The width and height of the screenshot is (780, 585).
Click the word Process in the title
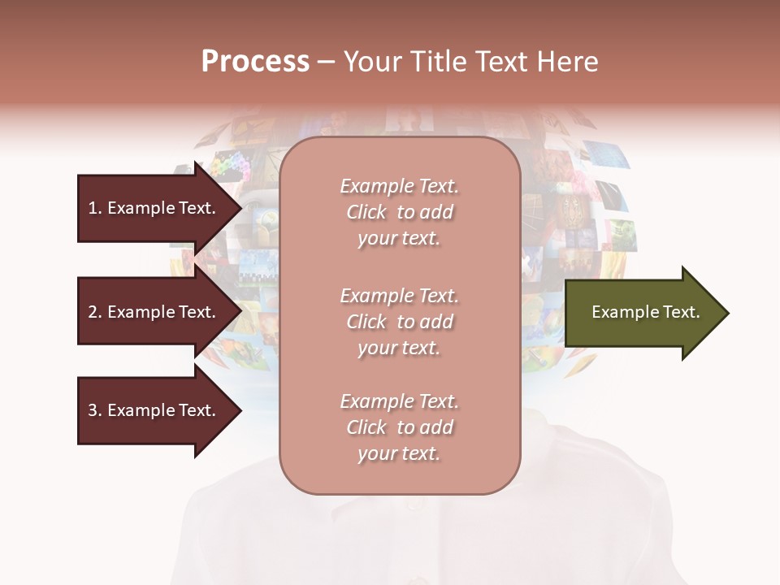pyautogui.click(x=255, y=62)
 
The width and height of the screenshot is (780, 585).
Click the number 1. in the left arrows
pyautogui.click(x=95, y=208)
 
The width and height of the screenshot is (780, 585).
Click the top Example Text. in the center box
pyautogui.click(x=400, y=186)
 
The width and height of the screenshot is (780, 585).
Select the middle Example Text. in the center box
pyautogui.click(x=400, y=296)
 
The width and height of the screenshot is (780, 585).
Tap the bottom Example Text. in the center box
pyautogui.click(x=400, y=401)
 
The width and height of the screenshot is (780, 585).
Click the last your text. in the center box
pyautogui.click(x=399, y=454)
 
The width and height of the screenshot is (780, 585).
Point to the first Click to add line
pyautogui.click(x=400, y=212)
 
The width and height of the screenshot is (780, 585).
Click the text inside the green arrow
pyautogui.click(x=645, y=312)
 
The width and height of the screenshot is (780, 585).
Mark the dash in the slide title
pyautogui.click(x=327, y=63)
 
